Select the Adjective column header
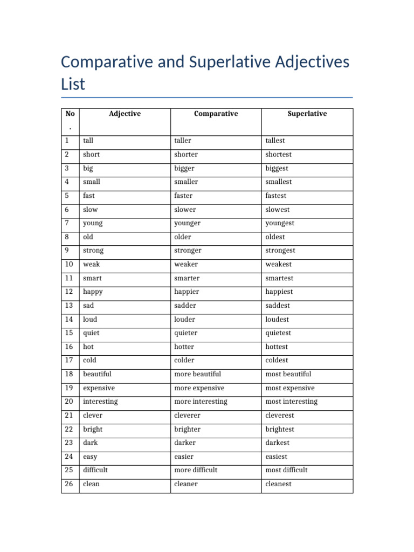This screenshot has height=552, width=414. (125, 114)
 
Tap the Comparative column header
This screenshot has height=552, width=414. (216, 114)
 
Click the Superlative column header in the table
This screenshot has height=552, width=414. (307, 114)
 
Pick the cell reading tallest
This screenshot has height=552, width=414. (275, 141)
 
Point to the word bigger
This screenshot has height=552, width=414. (184, 168)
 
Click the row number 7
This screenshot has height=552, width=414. (67, 223)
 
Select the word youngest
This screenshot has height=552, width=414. (280, 223)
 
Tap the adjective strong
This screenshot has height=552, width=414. (93, 251)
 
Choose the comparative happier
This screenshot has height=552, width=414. (187, 292)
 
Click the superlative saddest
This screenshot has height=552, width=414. (278, 306)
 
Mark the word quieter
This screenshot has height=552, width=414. (186, 333)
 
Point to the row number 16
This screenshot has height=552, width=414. (69, 347)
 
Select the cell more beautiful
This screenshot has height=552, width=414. (197, 374)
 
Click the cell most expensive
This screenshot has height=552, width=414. (290, 388)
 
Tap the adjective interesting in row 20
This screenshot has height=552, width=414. (100, 402)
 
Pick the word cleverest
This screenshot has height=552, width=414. (280, 416)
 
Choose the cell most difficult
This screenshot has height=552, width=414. (287, 470)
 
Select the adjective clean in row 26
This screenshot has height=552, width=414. (91, 484)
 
